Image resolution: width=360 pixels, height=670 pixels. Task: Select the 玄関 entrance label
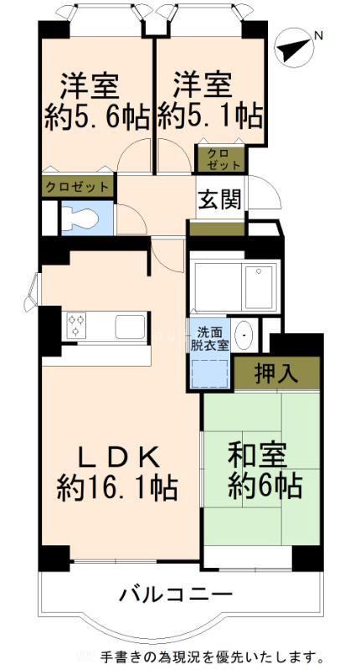[219, 199]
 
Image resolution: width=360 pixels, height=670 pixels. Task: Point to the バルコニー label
[176, 595]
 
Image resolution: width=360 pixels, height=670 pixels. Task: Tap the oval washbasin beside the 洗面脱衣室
[244, 337]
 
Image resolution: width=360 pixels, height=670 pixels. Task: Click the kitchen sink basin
[130, 327]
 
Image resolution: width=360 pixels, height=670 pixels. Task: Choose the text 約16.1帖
[118, 489]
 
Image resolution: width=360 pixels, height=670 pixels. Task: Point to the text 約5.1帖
[209, 116]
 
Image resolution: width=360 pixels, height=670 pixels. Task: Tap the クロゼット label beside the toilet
[77, 187]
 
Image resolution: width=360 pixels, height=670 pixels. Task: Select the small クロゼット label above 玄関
[220, 159]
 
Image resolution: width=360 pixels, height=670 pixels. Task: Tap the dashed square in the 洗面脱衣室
[210, 372]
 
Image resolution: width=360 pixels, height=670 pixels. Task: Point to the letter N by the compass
[318, 36]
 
